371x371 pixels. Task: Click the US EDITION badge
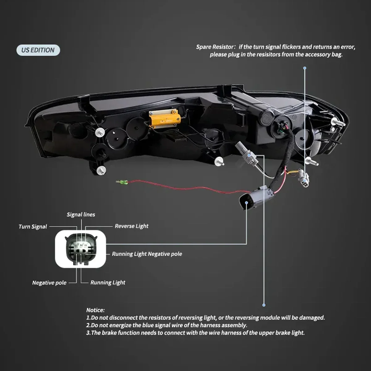coord(38,50)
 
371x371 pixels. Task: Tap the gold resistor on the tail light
coord(164,117)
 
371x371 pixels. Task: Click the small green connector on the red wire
coord(122,182)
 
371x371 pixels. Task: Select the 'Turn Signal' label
coord(33,227)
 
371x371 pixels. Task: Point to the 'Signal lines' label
coord(81,215)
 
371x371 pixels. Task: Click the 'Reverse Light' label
coord(131,226)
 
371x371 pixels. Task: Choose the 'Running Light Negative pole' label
coord(147,254)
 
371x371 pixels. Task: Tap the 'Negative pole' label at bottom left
coord(49,283)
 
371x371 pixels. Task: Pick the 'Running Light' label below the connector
coord(108,282)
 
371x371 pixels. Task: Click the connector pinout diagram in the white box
coord(80,249)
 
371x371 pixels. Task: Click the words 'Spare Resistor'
coord(215,47)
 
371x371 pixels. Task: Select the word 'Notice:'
coord(95,310)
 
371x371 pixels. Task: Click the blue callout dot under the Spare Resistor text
coord(305,68)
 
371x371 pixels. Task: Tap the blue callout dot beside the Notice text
coord(264,305)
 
